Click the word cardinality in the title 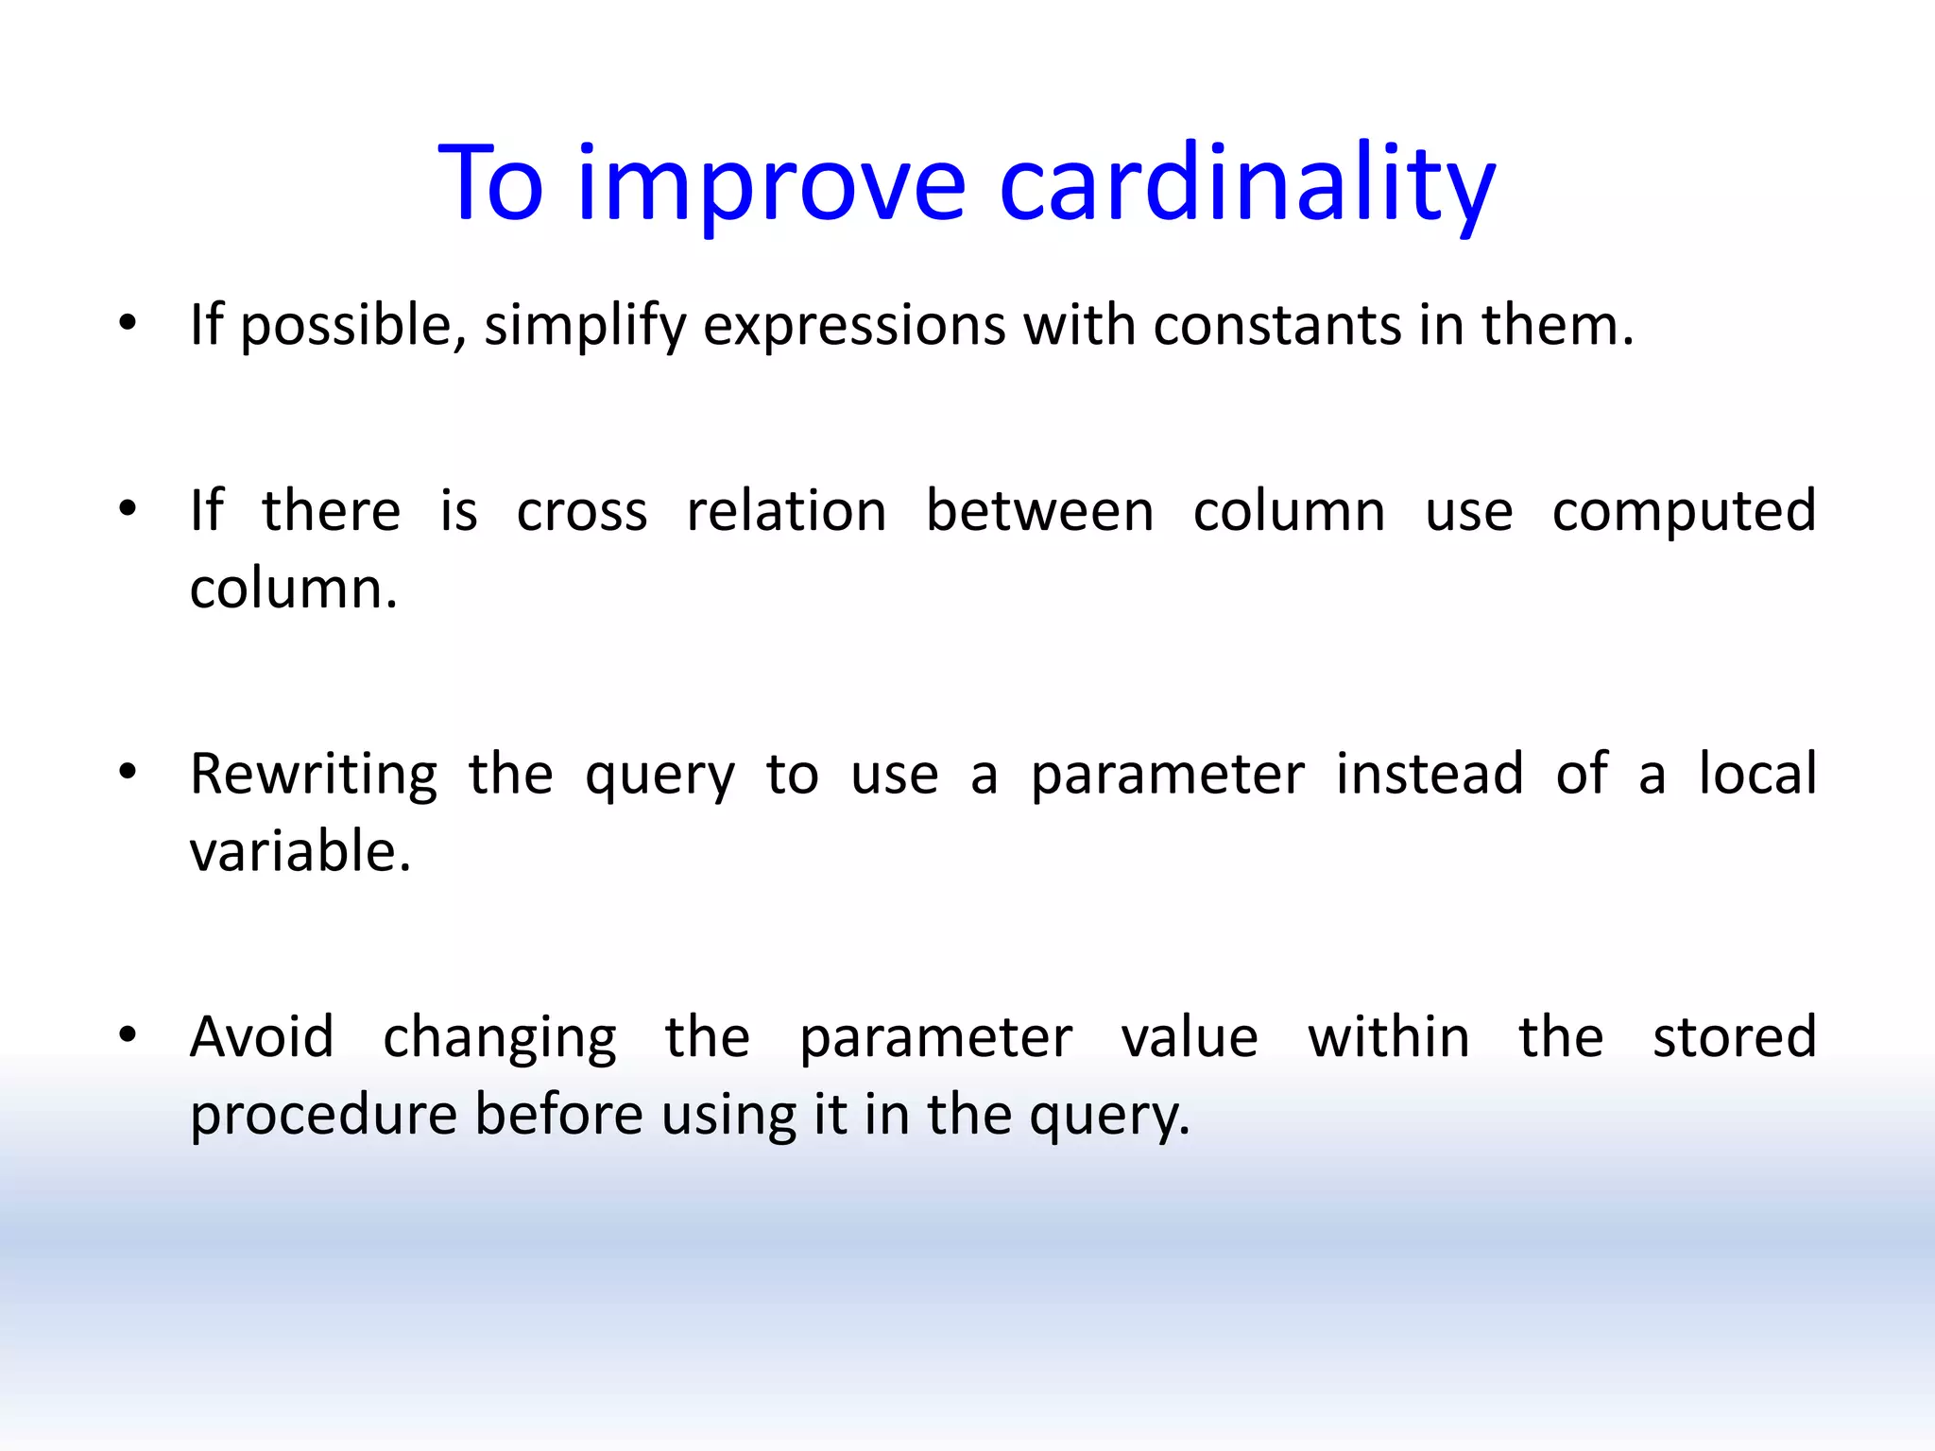[x=1247, y=184]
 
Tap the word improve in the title [x=771, y=184]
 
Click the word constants [x=1276, y=325]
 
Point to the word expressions [x=854, y=327]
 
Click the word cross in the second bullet [x=582, y=511]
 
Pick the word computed [x=1684, y=513]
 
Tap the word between [x=1039, y=511]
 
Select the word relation [x=786, y=511]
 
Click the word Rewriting [x=314, y=775]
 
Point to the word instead [x=1430, y=774]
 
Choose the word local [x=1757, y=774]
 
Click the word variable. [x=300, y=851]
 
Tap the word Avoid [x=262, y=1036]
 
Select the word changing [x=500, y=1038]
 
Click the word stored [x=1735, y=1036]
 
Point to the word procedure [x=323, y=1115]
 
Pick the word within [x=1388, y=1036]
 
